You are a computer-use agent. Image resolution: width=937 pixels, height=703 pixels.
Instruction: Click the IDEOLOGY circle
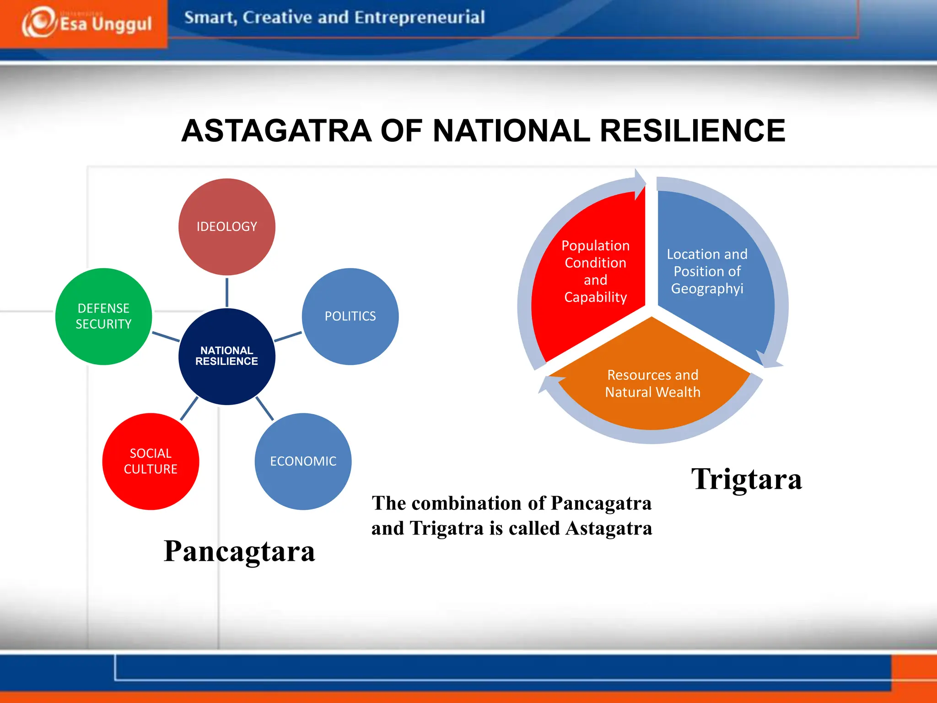[226, 227]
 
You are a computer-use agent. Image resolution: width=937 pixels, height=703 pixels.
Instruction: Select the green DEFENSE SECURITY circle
[103, 316]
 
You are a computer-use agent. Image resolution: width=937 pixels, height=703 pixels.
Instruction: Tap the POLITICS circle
[350, 316]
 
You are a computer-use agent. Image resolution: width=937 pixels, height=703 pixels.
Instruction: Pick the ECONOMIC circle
[303, 461]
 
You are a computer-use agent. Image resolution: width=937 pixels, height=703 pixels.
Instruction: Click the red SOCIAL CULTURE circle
[151, 461]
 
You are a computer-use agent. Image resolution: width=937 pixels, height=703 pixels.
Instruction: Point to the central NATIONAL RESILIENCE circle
[226, 356]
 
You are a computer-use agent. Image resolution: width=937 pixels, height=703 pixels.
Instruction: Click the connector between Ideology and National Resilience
[227, 292]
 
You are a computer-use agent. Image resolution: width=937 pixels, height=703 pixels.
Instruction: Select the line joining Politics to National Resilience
[288, 337]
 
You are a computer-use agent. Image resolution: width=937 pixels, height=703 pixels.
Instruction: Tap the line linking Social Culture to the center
[189, 408]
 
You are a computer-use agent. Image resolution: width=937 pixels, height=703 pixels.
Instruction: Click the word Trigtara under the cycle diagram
[746, 479]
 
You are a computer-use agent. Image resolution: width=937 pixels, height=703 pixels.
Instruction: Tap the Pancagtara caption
[239, 551]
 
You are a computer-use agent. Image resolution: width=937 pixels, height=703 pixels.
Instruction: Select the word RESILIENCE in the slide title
[692, 131]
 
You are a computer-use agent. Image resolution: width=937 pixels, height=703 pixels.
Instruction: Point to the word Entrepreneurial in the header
[419, 17]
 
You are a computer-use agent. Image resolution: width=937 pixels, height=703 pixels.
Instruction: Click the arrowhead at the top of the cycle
[639, 183]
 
